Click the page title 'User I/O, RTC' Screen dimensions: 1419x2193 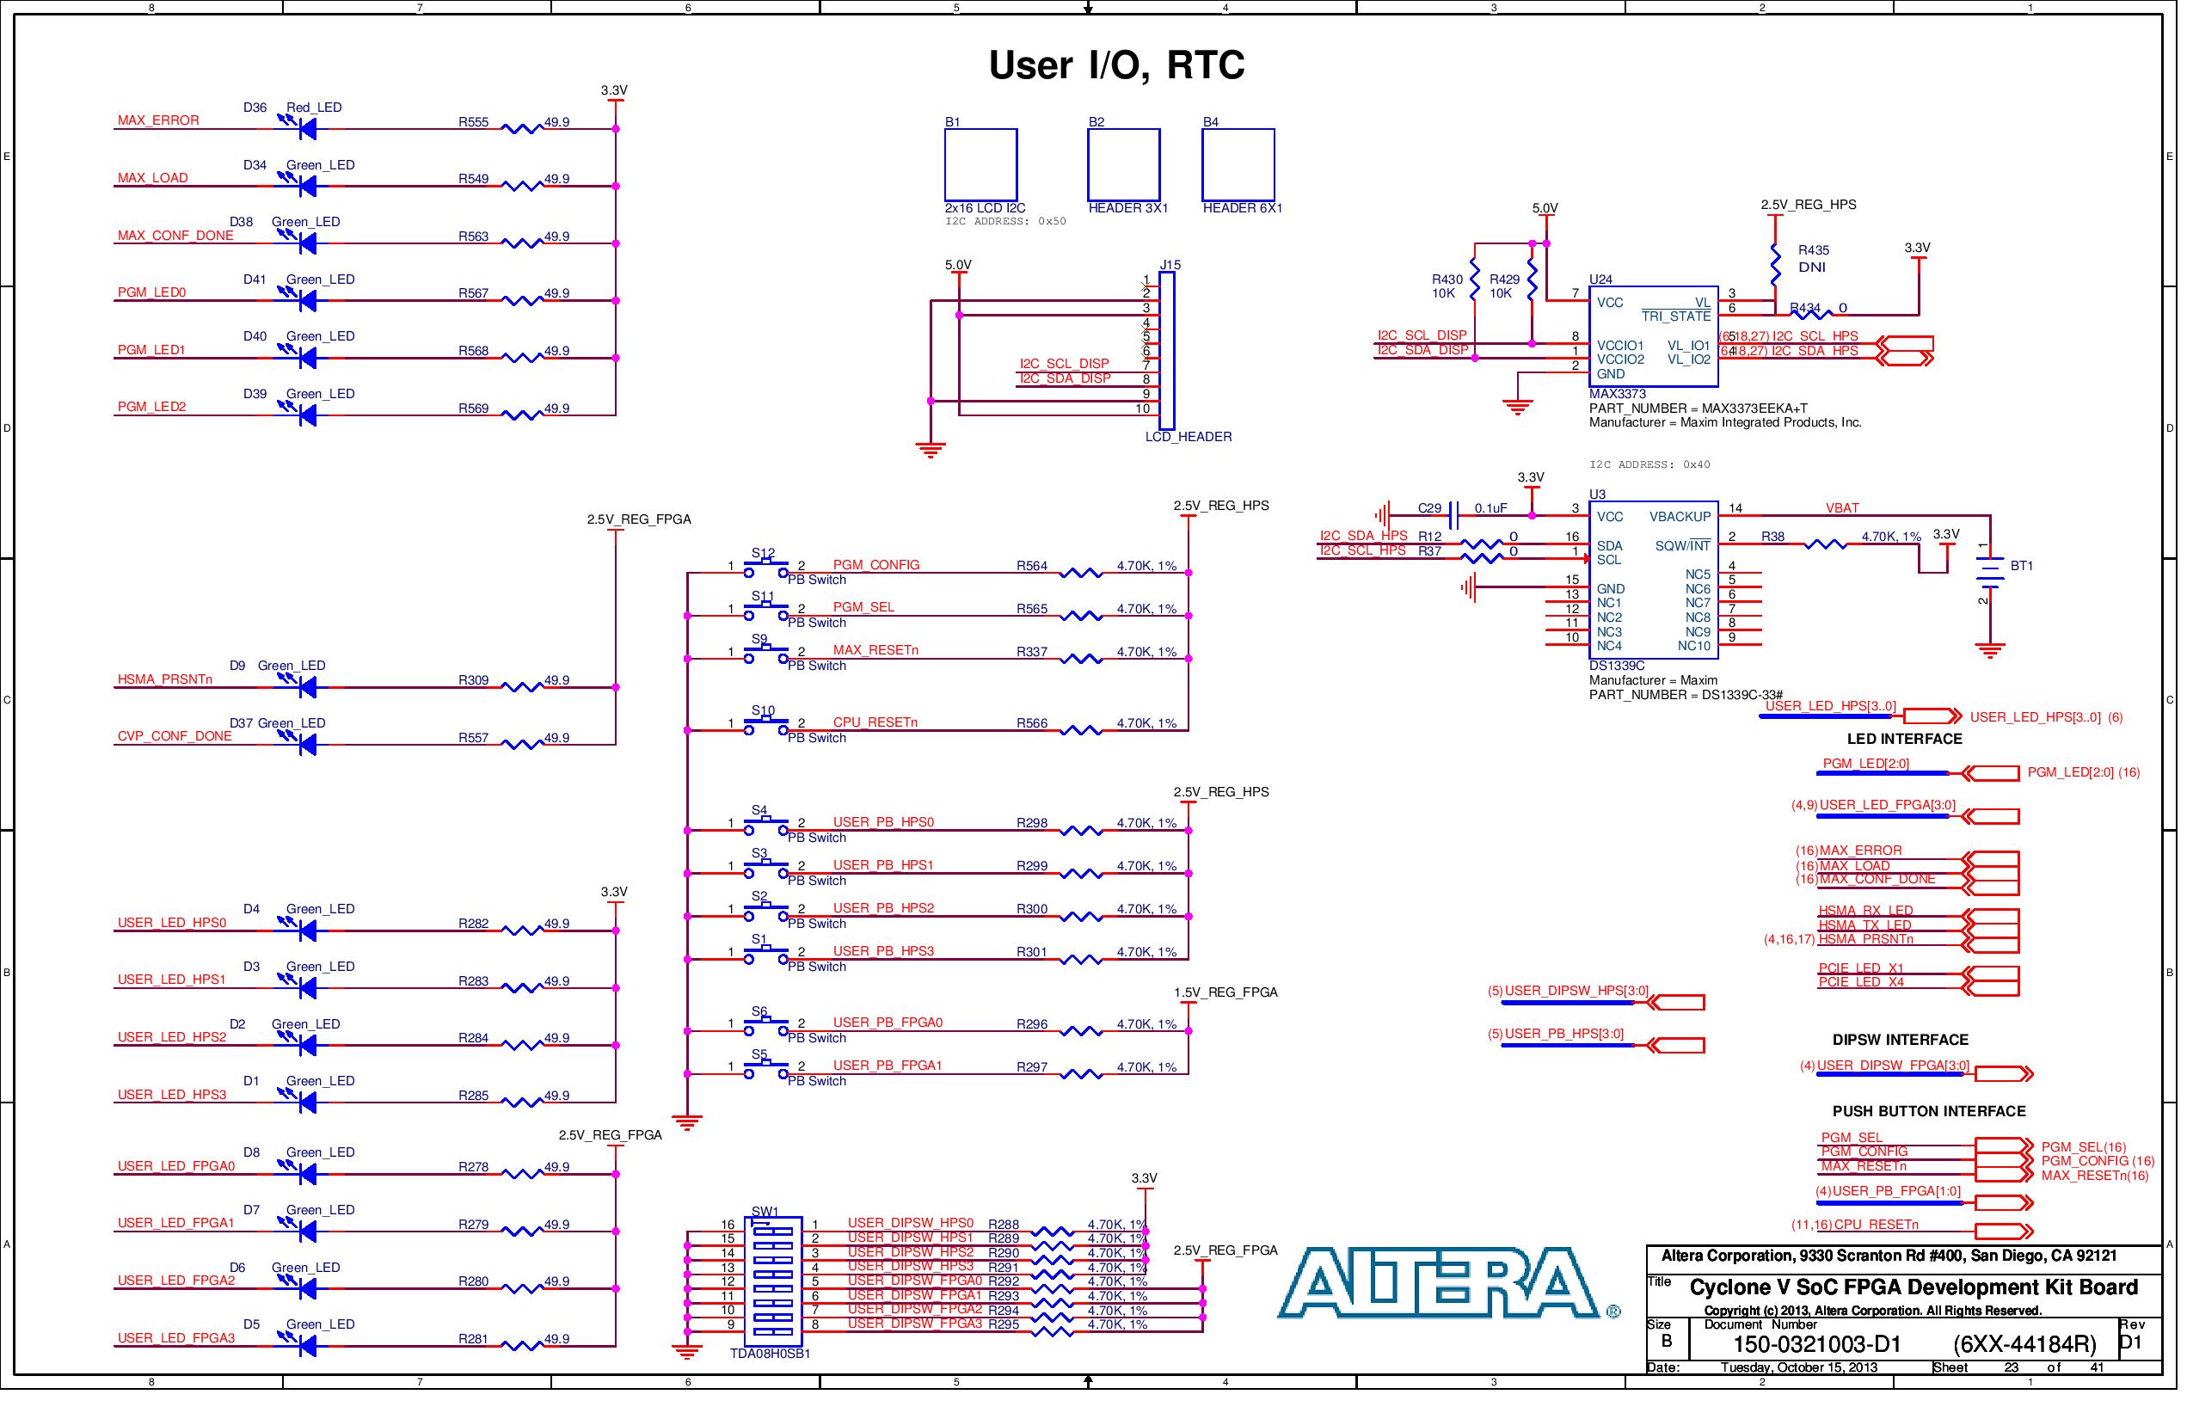pos(1116,64)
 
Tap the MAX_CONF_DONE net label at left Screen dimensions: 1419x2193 pos(175,236)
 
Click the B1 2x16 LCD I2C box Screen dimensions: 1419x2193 pos(980,165)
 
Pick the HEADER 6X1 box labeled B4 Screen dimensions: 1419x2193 pos(1238,165)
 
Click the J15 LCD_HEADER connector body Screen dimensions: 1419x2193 pos(1166,351)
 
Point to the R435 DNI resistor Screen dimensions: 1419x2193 pos(1776,265)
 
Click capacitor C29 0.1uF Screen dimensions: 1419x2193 pos(1454,515)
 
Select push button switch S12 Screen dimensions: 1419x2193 pos(765,568)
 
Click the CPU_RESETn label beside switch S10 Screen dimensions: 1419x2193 pos(875,723)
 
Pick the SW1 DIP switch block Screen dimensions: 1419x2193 pos(772,1281)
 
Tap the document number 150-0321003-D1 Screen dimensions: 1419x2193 pos(1816,1344)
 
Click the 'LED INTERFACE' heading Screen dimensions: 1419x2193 pos(1904,740)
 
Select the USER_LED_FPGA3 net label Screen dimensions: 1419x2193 pos(176,1339)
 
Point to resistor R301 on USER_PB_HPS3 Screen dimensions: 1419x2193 pos(1081,960)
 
